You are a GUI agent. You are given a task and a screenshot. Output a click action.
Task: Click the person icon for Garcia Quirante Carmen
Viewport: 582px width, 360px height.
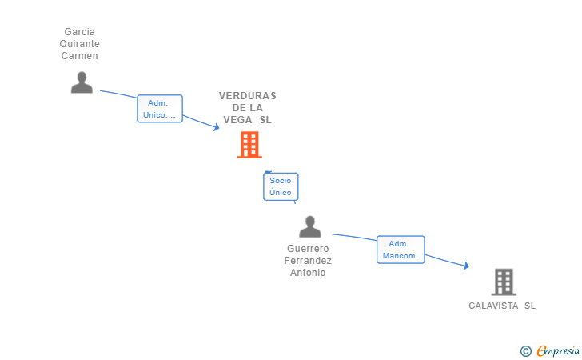tap(82, 82)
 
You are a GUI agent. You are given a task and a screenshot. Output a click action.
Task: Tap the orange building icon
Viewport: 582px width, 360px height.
tap(249, 145)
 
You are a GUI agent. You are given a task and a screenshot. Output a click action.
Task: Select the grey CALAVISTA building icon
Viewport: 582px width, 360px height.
tap(504, 282)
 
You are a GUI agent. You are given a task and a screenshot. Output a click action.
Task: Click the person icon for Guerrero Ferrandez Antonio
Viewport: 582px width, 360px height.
tap(310, 226)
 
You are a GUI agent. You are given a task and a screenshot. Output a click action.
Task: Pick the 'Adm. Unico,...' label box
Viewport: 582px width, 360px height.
tap(160, 109)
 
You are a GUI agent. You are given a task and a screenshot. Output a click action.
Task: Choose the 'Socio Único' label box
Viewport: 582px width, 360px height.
tap(281, 186)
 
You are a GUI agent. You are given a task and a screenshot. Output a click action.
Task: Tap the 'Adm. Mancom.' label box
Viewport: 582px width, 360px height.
tap(401, 250)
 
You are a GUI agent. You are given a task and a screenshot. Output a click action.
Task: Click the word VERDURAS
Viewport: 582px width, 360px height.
tap(248, 96)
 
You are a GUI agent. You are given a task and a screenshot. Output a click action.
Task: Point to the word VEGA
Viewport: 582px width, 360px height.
tap(237, 120)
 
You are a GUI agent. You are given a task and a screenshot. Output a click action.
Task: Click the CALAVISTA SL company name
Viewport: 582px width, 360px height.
tap(502, 306)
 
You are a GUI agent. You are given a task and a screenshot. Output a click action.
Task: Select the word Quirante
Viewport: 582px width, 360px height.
tap(79, 44)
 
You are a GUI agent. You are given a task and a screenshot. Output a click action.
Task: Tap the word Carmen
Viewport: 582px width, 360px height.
tap(79, 56)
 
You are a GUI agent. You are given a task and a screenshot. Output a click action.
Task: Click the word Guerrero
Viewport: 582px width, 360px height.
tap(308, 249)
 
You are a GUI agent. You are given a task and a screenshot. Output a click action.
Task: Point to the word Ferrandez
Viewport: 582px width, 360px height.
tap(308, 261)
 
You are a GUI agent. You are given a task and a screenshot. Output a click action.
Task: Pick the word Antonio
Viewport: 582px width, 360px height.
tap(308, 273)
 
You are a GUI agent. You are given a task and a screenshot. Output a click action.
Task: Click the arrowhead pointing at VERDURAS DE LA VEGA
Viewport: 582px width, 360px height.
tap(217, 127)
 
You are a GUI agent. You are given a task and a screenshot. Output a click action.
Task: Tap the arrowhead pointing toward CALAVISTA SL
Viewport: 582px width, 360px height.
tap(466, 266)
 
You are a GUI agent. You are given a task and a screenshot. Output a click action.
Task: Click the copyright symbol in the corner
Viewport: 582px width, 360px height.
tap(525, 351)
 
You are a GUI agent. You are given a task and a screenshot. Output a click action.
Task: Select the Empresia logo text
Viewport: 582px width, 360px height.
tap(558, 350)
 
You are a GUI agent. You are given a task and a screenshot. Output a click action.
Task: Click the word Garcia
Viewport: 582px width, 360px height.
tap(79, 32)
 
